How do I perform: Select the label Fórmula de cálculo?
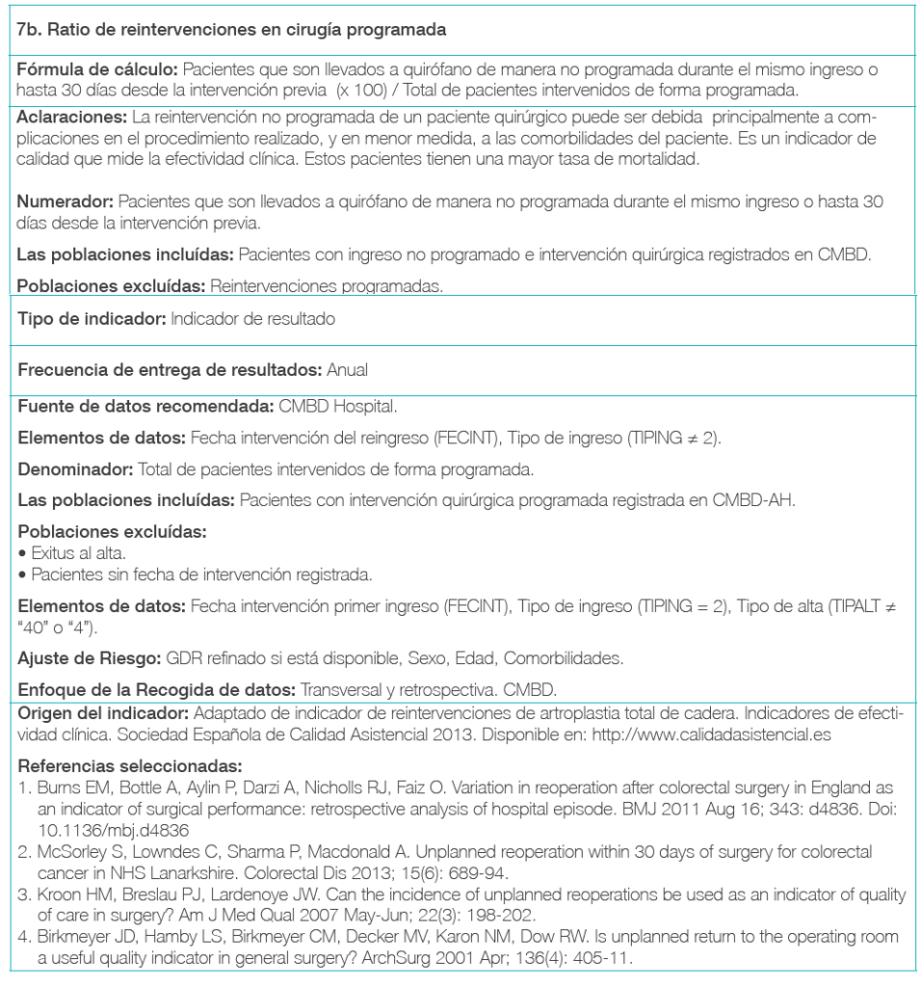97,71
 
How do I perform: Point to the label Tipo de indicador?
91,319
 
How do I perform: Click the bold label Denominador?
76,469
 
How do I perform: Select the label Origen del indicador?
104,713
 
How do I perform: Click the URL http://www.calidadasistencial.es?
746,733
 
